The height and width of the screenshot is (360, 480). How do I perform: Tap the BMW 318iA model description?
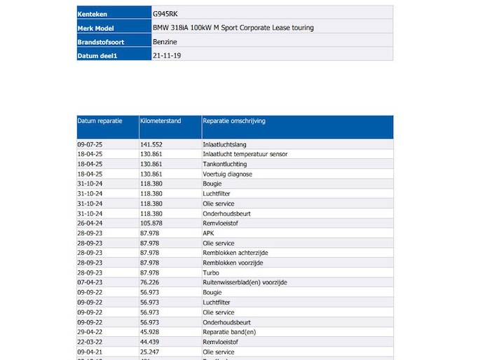coord(233,28)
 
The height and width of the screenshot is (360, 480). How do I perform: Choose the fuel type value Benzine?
coord(165,42)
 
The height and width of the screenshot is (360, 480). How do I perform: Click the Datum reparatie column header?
coord(100,121)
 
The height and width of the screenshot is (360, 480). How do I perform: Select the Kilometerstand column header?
coord(160,121)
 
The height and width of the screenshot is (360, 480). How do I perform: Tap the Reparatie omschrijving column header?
coord(234,121)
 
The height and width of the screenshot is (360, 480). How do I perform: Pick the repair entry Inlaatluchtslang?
coord(224,144)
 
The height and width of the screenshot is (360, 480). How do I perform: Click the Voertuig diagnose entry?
coord(227,174)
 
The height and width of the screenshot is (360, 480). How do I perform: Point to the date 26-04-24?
coord(90,223)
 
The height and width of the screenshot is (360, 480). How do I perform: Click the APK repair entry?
coord(208,233)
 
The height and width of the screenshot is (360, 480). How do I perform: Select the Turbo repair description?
coord(210,272)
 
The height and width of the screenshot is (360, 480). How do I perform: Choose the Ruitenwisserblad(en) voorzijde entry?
coord(245,282)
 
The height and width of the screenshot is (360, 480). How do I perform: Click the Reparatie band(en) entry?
coord(229,332)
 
